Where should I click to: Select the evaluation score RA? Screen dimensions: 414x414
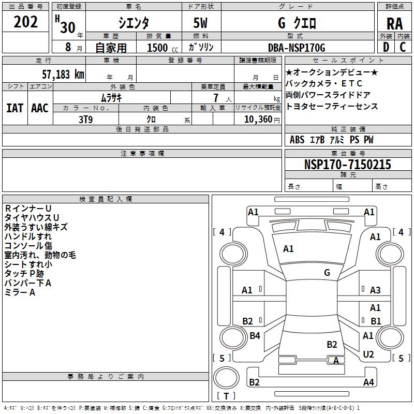click(x=394, y=23)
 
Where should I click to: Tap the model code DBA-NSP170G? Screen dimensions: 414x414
click(x=297, y=48)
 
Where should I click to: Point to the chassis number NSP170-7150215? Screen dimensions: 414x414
click(x=348, y=165)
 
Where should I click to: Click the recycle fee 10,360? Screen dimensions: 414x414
click(x=256, y=119)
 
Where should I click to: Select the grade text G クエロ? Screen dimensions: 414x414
click(x=297, y=23)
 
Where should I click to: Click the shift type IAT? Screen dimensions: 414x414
click(x=14, y=108)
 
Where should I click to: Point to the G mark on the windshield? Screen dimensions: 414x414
click(x=327, y=272)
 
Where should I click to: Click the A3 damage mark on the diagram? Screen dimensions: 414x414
click(x=375, y=290)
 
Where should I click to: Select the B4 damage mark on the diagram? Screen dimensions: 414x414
click(x=255, y=336)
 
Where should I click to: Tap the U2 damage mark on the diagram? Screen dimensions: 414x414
click(x=368, y=354)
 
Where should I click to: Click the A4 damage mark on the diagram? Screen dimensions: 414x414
click(x=368, y=382)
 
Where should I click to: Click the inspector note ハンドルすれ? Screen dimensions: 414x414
click(x=28, y=236)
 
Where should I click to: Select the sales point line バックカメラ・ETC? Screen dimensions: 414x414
click(x=324, y=83)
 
